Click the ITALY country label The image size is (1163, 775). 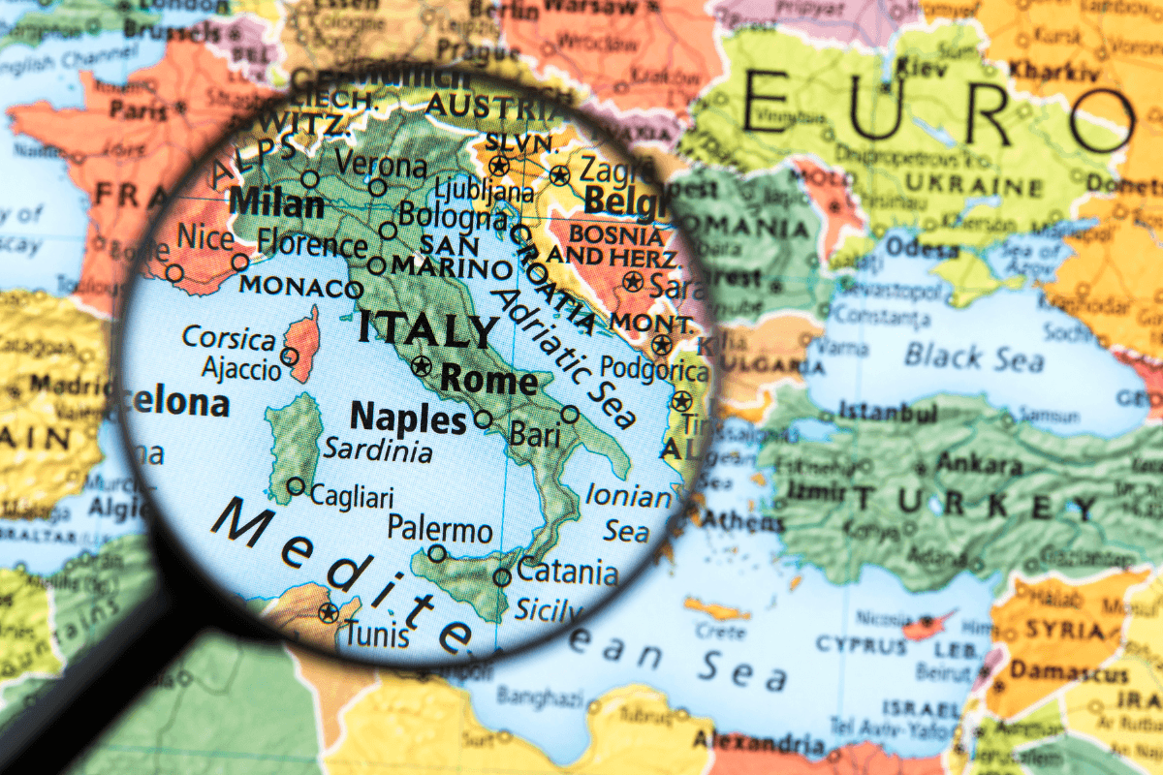427,328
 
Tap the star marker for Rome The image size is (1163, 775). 421,366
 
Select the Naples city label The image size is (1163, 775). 408,418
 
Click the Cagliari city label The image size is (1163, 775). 352,497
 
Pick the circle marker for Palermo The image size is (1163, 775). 437,553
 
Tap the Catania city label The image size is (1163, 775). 567,571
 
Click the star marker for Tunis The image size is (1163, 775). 329,612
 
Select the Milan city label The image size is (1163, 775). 278,204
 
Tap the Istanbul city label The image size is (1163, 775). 889,414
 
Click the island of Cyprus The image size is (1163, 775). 926,625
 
